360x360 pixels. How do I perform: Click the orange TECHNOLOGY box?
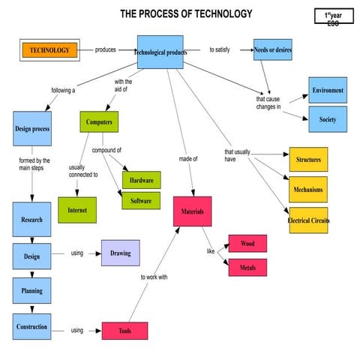tap(49, 51)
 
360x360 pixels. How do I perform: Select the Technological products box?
tap(160, 52)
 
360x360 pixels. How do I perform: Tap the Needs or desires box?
tap(273, 50)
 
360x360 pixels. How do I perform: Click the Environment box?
tap(328, 90)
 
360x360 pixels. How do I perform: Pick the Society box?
tap(328, 119)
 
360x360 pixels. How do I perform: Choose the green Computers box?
tap(99, 121)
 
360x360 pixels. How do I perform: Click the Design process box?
tap(32, 129)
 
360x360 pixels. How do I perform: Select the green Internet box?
tap(77, 210)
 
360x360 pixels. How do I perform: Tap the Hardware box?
tap(141, 181)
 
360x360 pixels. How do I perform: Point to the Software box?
tap(141, 201)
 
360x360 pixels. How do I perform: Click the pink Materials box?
tap(193, 211)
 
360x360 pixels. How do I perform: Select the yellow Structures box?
tap(308, 160)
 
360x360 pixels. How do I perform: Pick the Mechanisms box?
tap(308, 189)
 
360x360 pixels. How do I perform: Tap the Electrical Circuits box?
tap(308, 220)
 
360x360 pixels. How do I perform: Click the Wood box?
tap(247, 244)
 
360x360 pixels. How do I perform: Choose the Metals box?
tap(247, 267)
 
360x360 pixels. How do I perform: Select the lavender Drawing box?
tap(120, 253)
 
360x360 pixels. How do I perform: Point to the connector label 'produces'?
tap(106, 50)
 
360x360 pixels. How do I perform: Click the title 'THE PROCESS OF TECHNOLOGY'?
tap(186, 13)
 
